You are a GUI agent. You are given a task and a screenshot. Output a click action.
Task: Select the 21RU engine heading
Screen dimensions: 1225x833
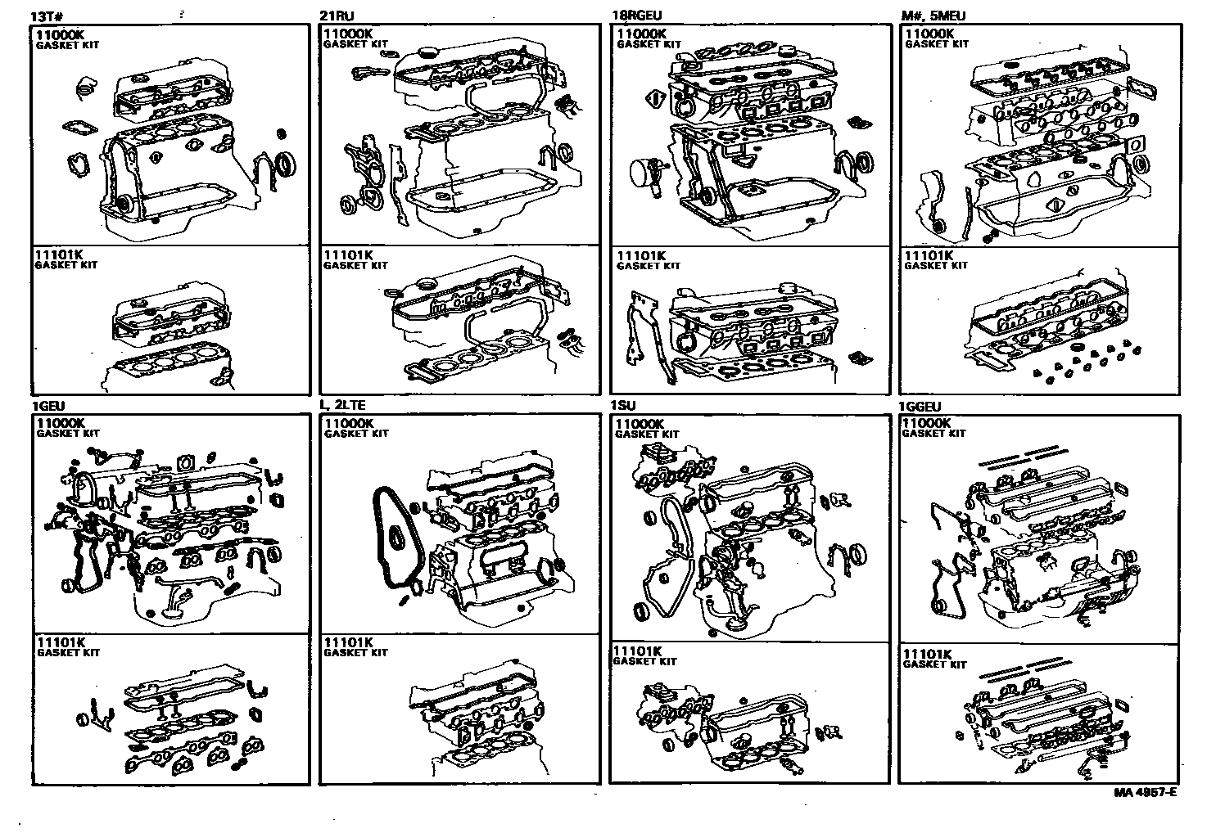point(336,16)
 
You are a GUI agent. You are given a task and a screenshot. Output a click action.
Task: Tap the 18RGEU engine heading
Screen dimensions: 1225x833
point(635,16)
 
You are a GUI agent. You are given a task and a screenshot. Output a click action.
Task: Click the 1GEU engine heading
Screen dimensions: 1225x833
point(48,407)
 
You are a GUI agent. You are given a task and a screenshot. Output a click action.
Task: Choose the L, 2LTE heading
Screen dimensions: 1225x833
point(342,407)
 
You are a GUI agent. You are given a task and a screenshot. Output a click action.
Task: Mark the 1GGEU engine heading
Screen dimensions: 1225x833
point(920,407)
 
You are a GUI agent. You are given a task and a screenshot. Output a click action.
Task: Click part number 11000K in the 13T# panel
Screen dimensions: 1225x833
point(59,34)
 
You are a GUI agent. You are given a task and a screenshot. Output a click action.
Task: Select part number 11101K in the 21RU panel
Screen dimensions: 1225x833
point(348,255)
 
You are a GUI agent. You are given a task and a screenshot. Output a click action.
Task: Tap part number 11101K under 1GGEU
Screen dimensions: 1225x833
point(927,655)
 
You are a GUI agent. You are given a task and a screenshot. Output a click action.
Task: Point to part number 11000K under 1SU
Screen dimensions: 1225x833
point(640,424)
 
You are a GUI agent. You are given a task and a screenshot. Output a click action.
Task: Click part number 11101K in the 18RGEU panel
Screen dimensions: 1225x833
point(641,255)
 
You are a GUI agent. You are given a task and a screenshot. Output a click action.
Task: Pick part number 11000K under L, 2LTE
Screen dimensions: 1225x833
point(349,424)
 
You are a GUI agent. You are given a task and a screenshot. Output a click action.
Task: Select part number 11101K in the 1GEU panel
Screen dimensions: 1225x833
point(61,642)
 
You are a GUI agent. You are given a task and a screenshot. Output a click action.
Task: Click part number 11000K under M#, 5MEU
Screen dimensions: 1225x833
point(929,34)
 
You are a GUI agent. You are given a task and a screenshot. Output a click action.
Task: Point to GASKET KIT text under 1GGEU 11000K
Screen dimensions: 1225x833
point(933,434)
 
